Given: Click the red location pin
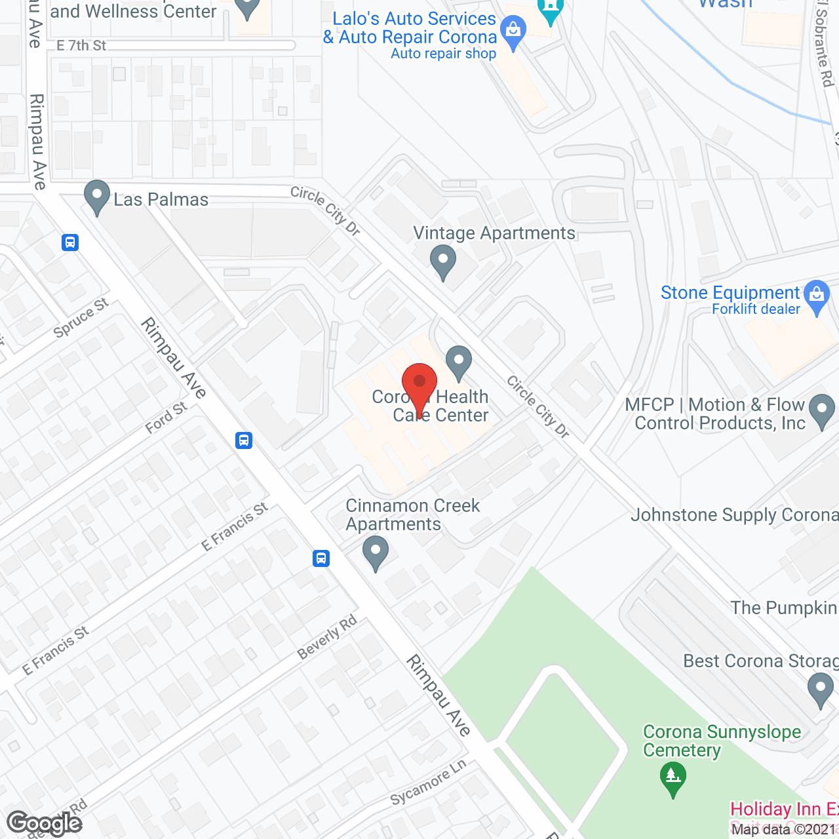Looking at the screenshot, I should tap(419, 383).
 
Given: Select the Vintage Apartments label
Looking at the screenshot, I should tap(494, 233).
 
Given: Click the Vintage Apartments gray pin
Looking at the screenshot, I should tap(443, 260).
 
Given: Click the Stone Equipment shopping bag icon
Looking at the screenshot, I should tap(817, 296).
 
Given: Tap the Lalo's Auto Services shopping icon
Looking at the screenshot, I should tap(513, 31).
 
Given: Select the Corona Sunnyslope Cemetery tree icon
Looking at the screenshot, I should tap(673, 778).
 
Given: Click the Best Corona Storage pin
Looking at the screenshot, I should tap(820, 690).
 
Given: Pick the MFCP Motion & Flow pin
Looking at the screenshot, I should tap(822, 410).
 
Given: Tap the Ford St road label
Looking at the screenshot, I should tap(166, 418).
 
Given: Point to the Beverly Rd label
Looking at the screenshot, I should tap(327, 637).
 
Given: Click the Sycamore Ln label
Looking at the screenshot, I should tap(428, 783).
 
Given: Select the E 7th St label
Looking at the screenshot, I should tap(81, 45).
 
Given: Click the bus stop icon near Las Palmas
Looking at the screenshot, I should tap(70, 243).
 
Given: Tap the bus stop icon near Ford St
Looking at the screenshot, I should tap(244, 440).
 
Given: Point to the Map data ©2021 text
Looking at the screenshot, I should tap(784, 829).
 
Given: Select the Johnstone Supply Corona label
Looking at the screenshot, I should tap(734, 515).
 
